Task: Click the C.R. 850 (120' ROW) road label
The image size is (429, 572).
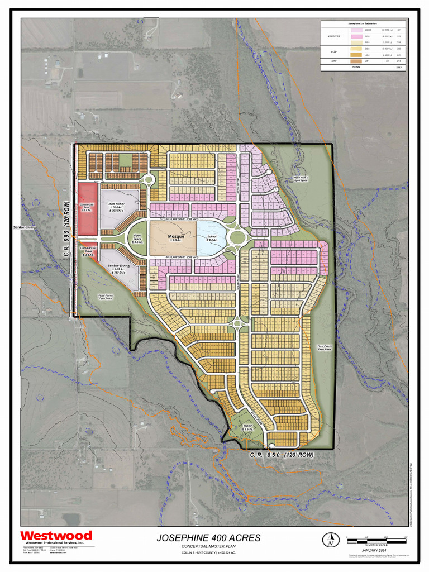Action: coord(282,455)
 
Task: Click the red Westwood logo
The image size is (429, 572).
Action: coord(56,536)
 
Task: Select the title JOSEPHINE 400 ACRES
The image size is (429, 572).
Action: coord(208,538)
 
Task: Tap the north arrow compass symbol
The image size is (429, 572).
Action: coord(331,540)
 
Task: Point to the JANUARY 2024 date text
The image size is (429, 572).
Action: coord(374,550)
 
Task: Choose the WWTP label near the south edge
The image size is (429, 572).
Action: coord(248,428)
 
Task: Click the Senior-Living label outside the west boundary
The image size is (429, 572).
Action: coord(25,228)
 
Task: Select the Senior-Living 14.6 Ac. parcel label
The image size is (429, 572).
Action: coord(118,268)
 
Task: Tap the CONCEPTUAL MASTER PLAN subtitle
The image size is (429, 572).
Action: coord(208,546)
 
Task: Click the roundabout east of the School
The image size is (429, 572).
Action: coord(237,238)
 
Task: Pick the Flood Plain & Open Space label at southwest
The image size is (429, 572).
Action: coord(106,297)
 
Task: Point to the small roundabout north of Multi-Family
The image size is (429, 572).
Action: coord(148,179)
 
